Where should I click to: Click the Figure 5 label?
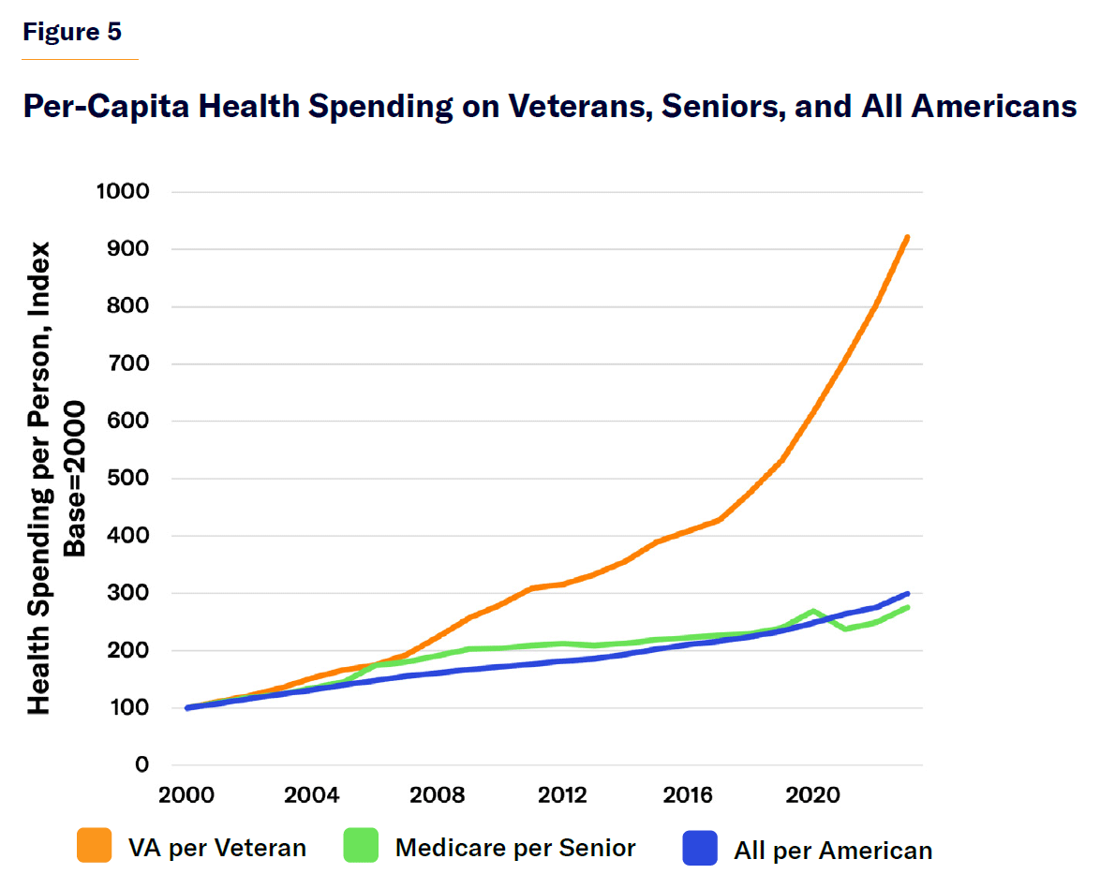72,32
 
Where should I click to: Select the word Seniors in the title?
722,106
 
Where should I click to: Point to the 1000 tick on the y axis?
122,192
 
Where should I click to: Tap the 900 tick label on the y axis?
126,249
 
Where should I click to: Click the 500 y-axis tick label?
126,479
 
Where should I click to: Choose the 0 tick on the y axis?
141,765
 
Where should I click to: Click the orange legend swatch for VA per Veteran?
95,846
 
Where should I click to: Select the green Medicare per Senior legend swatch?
361,846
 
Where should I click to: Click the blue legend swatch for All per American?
700,848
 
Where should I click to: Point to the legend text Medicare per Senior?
515,848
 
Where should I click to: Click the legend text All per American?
833,851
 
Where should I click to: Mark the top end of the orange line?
907,238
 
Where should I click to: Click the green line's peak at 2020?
813,611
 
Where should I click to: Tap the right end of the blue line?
907,594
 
